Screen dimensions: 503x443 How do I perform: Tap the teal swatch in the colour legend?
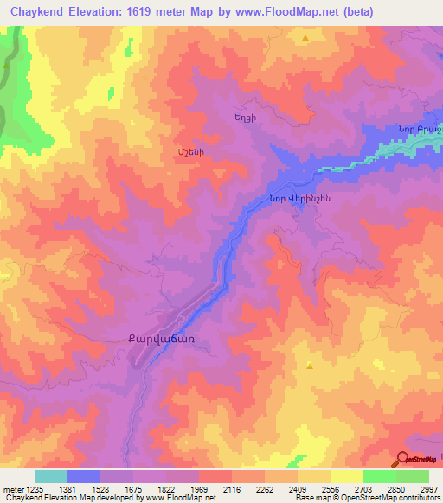tap(51, 476)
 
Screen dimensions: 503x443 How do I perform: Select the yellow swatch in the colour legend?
tap(347, 476)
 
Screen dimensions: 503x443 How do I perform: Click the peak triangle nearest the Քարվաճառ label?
tap(309, 366)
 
